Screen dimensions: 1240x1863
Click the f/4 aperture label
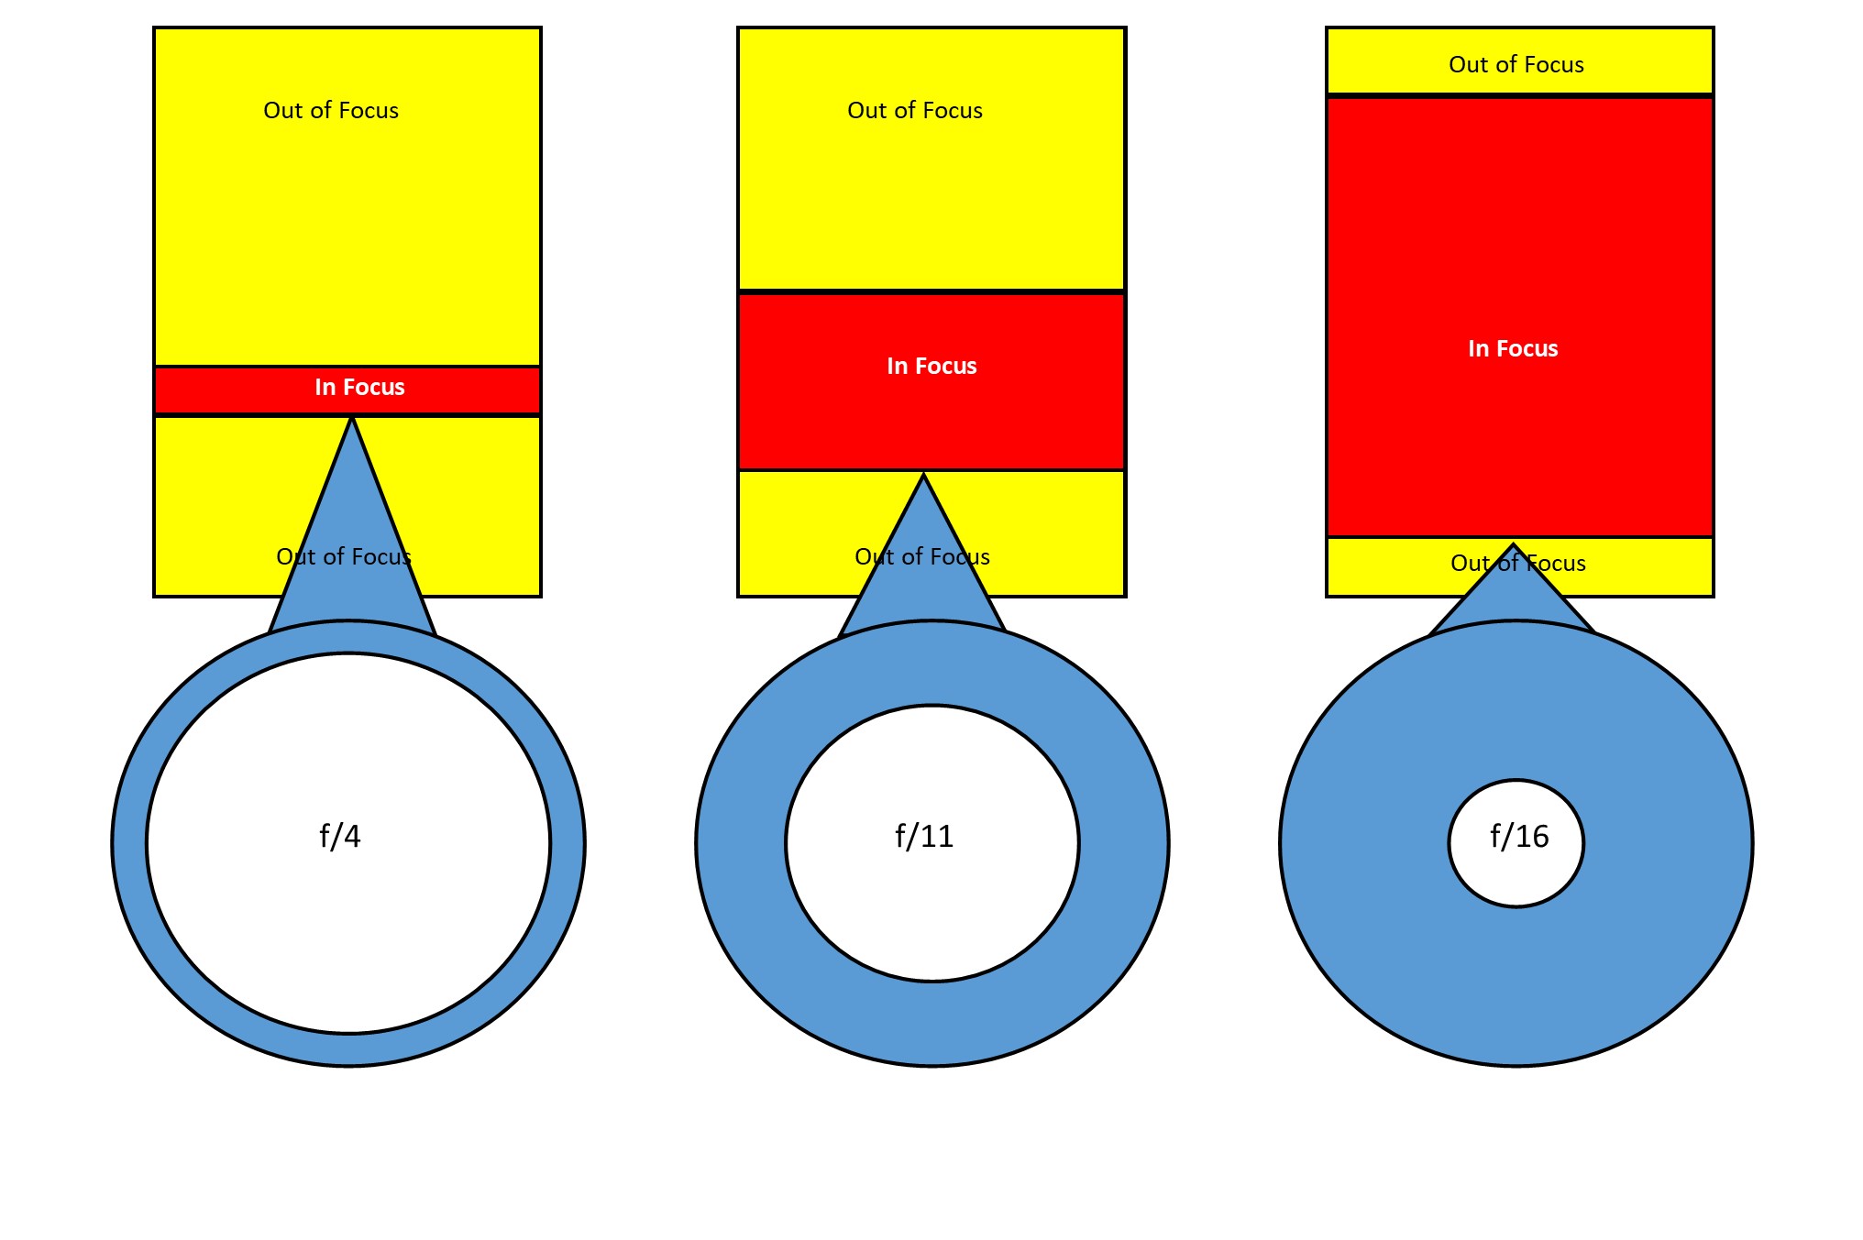coord(339,836)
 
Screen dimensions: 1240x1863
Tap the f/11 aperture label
coord(924,836)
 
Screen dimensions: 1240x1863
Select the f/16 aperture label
coord(1519,836)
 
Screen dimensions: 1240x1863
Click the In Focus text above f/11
coord(931,367)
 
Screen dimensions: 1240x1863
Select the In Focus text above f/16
coord(1513,349)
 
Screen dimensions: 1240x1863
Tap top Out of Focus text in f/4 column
coord(331,111)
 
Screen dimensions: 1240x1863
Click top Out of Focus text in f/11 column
coord(915,111)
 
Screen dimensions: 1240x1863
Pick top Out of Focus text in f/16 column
coord(1516,65)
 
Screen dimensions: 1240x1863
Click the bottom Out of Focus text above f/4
coord(344,557)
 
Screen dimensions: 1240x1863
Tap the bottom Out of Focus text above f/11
coord(922,557)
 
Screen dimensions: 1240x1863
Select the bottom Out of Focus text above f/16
coord(1518,564)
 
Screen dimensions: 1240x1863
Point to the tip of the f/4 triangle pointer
coord(351,420)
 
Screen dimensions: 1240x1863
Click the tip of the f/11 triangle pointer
coord(923,476)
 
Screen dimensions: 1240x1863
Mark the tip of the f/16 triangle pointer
coord(1513,545)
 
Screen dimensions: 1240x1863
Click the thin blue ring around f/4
coord(129,843)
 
